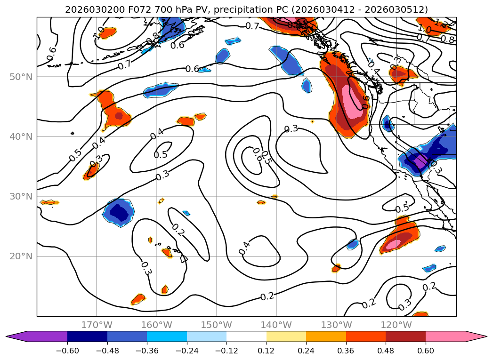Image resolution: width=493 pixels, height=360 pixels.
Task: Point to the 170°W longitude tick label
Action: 97,325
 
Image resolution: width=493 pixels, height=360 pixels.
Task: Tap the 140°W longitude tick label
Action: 276,325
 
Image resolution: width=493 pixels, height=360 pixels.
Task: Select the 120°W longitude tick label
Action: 396,325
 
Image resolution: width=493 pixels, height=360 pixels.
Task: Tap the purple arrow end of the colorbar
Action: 14,336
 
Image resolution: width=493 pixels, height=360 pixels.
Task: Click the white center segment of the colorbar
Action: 246,336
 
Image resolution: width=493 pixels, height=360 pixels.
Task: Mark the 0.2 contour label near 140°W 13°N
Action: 267,296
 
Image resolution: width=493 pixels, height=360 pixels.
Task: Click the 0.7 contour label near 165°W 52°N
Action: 125,65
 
